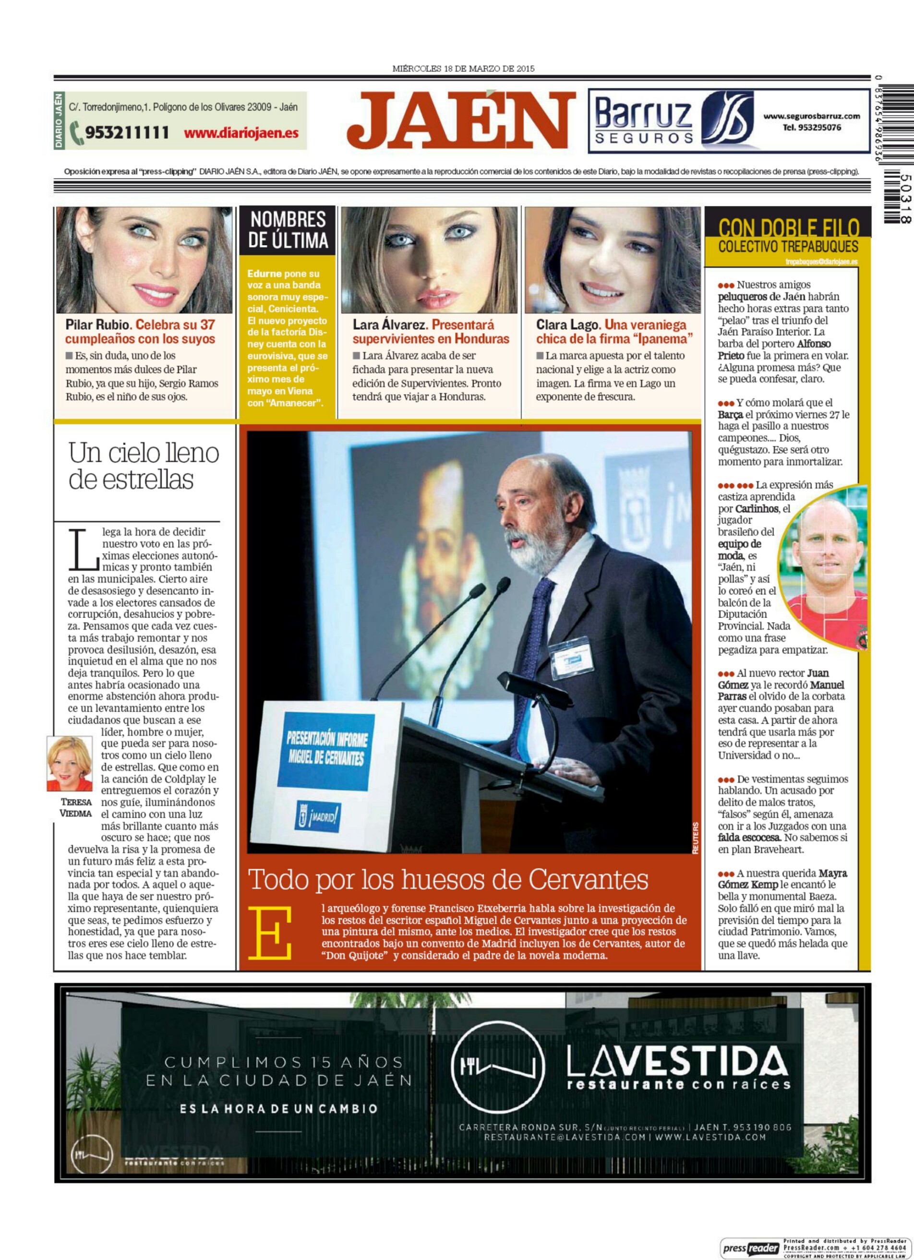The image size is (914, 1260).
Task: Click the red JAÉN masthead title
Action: [461, 121]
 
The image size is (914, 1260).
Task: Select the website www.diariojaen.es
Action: [241, 133]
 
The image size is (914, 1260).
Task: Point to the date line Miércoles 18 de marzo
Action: [463, 69]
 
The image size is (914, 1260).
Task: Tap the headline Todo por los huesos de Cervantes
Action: [448, 880]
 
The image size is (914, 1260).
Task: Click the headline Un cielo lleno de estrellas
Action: [144, 466]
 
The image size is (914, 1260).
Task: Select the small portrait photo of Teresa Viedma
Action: [70, 764]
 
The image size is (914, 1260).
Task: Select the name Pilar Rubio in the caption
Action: [98, 325]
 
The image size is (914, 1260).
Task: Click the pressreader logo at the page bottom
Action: [750, 1248]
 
